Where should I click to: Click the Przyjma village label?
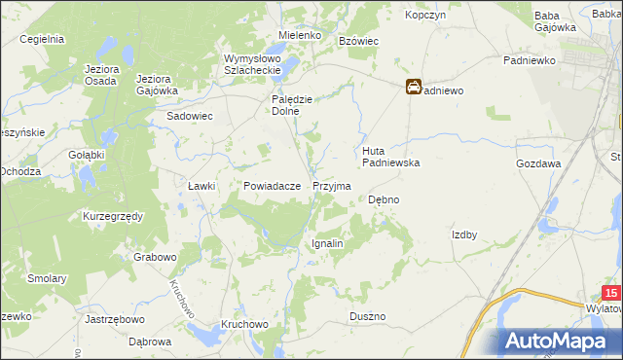[x=332, y=185]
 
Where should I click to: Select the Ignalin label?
[x=326, y=243]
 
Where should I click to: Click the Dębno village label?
[x=384, y=199]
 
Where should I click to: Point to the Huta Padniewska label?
[x=390, y=157]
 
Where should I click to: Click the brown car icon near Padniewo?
[x=414, y=88]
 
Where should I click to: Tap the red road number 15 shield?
[x=610, y=293]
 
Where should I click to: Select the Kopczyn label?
[x=424, y=17]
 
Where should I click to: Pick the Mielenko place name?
[x=300, y=35]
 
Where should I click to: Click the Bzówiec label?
[x=358, y=41]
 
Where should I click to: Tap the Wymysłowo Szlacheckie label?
[x=252, y=64]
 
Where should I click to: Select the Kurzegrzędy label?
[x=113, y=215]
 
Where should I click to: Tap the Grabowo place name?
[x=156, y=258]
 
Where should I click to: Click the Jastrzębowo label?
[x=115, y=318]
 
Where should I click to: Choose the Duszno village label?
[x=368, y=317]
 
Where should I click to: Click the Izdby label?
[x=463, y=234]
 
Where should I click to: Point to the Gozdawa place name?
[x=538, y=164]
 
